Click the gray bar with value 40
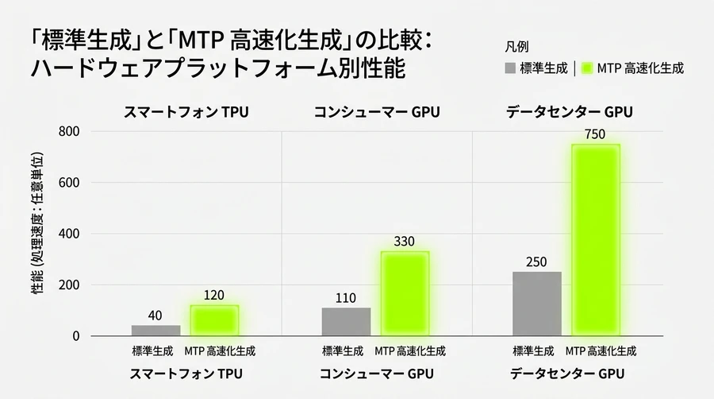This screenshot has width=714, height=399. click(x=155, y=331)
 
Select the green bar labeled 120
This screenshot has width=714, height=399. click(x=214, y=320)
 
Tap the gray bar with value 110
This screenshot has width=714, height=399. click(x=346, y=322)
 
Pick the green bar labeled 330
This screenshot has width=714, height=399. click(x=405, y=293)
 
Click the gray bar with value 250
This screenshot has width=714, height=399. click(x=537, y=304)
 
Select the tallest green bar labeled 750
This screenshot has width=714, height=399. click(x=596, y=240)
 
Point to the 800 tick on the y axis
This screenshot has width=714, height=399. click(x=69, y=132)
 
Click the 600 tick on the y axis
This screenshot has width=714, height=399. click(x=69, y=183)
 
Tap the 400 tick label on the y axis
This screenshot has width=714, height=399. click(x=69, y=234)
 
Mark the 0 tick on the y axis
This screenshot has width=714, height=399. click(x=75, y=336)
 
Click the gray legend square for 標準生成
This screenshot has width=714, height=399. click(x=510, y=68)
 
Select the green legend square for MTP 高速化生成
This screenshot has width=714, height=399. click(x=587, y=68)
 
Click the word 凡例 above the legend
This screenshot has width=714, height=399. click(x=516, y=47)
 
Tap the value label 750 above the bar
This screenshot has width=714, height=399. click(x=596, y=134)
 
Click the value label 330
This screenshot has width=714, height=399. click(x=405, y=241)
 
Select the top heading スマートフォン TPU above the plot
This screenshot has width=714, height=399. click(x=186, y=112)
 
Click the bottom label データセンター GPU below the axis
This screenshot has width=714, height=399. click(x=567, y=374)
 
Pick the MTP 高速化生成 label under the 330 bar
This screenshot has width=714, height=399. click(x=410, y=351)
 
